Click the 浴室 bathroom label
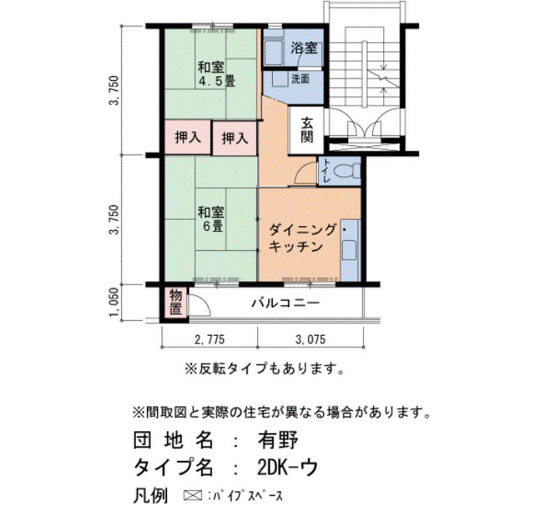[x=304, y=48]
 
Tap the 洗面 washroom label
[x=300, y=79]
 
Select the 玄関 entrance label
[x=307, y=130]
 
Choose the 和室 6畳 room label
[x=211, y=219]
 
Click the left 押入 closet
[x=188, y=138]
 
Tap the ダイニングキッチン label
[x=302, y=239]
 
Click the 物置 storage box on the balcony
[x=176, y=302]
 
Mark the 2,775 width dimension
[x=210, y=340]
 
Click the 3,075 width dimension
[x=311, y=340]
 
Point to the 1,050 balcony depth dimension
[x=115, y=302]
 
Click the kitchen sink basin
[x=349, y=250]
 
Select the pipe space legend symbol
[x=193, y=495]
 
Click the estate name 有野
[x=277, y=441]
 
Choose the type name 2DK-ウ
[x=288, y=468]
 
